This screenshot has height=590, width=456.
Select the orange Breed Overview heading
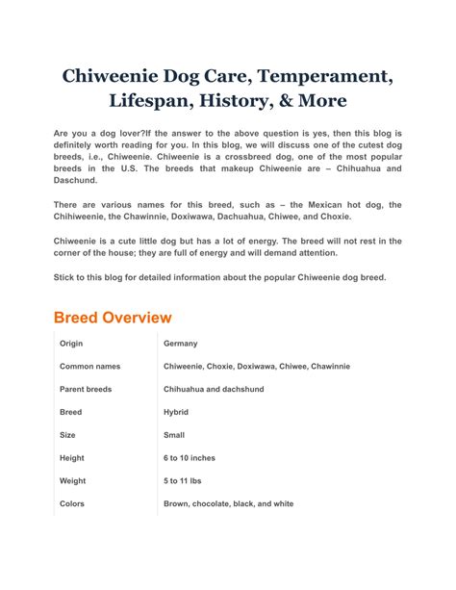113,317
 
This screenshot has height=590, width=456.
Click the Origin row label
72,344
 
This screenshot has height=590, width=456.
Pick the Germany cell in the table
181,344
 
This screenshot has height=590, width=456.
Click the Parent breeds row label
86,390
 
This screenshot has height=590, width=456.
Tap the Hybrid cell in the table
176,412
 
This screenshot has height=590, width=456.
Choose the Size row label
68,435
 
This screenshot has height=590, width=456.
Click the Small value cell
175,435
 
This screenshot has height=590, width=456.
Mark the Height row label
72,458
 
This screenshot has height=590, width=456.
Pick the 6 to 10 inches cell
190,458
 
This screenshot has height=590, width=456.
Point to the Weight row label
73,481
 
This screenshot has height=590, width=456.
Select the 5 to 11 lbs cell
186,481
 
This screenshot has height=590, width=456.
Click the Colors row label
72,503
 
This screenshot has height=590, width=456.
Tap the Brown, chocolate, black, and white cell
229,503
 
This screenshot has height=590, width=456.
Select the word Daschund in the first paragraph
77,180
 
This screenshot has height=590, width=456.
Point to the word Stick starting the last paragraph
64,277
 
